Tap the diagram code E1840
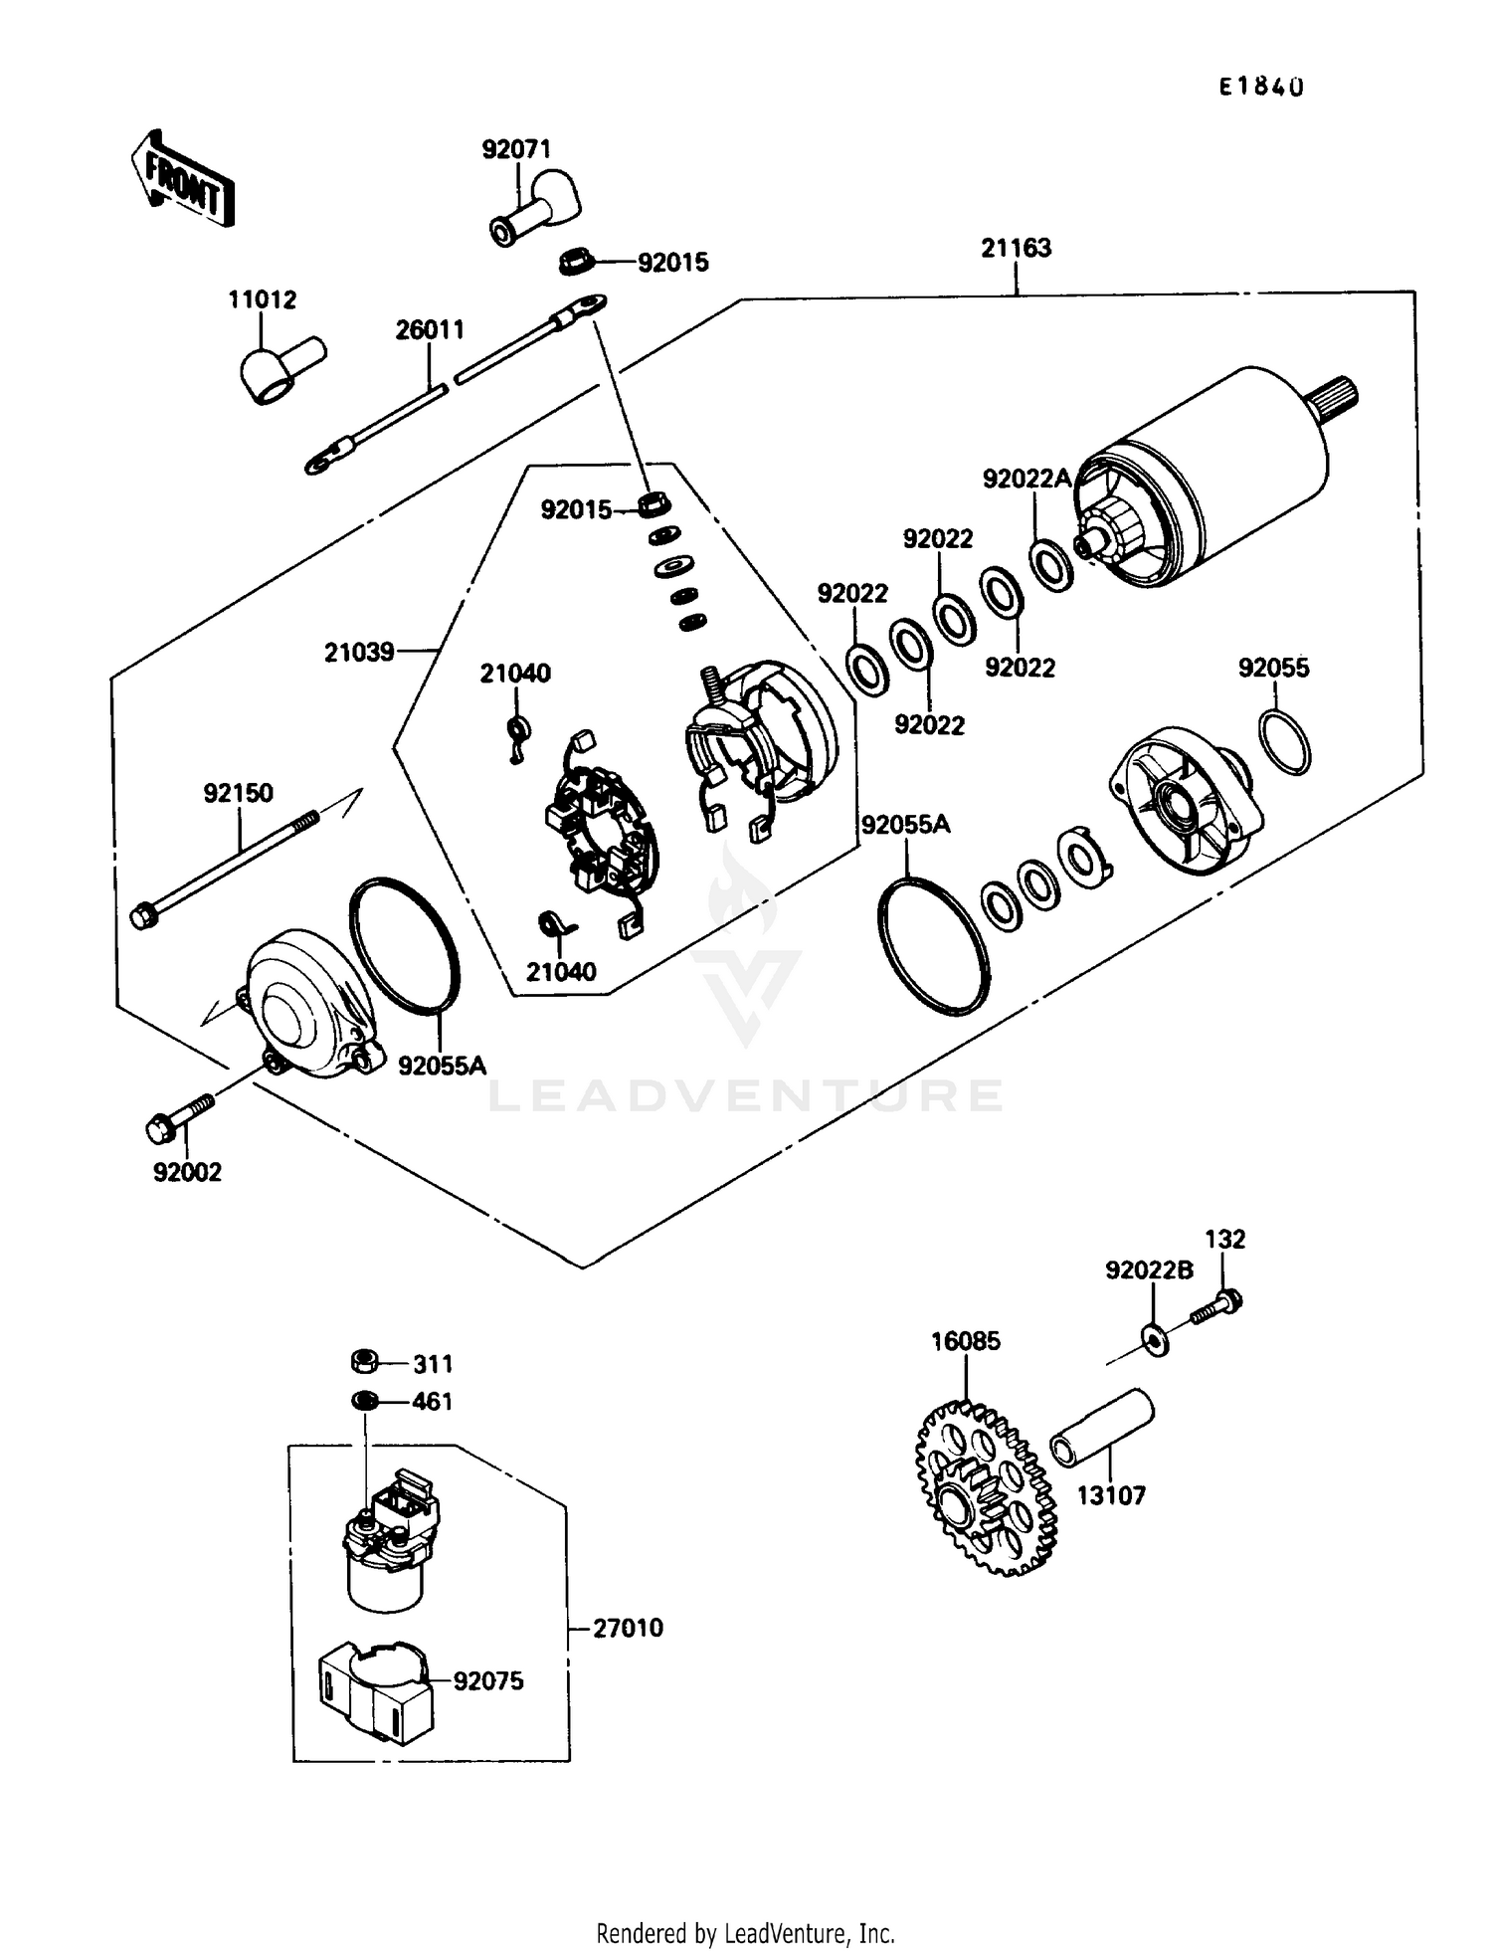[1261, 88]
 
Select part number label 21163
[1016, 248]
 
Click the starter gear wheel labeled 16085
[984, 1488]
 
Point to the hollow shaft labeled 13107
[1103, 1428]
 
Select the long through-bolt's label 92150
[238, 793]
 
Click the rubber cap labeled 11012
[281, 370]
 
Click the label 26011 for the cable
[430, 330]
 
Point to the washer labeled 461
[365, 1400]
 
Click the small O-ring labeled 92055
[1284, 742]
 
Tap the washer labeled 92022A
[1050, 565]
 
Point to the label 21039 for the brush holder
[359, 653]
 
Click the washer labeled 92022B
[1155, 1339]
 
